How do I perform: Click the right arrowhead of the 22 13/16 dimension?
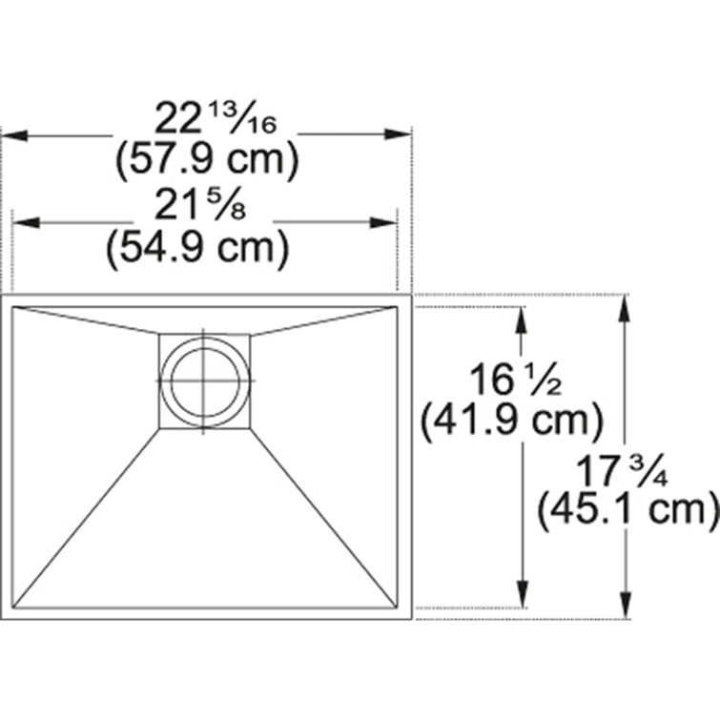pyautogui.click(x=400, y=135)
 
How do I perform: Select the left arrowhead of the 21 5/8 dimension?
pyautogui.click(x=25, y=223)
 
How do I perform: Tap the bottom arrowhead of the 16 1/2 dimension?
pyautogui.click(x=522, y=596)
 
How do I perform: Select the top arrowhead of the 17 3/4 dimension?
pyautogui.click(x=625, y=306)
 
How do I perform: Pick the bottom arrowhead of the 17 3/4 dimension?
pyautogui.click(x=625, y=608)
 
